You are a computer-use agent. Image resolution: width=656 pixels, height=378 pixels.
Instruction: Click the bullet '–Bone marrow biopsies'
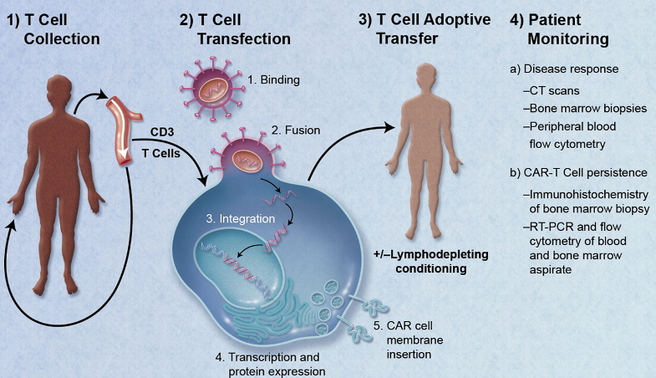coord(580,109)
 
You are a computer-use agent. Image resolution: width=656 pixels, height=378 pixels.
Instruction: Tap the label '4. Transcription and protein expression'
coord(269,365)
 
